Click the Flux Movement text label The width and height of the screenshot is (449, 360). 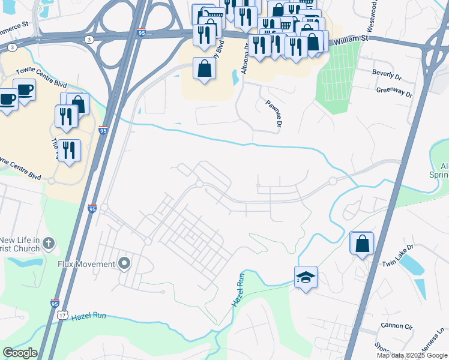pyautogui.click(x=86, y=264)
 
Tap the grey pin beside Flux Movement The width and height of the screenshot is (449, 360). pyautogui.click(x=124, y=263)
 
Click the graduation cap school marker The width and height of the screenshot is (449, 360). pyautogui.click(x=306, y=277)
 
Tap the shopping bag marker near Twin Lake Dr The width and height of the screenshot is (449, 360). pyautogui.click(x=362, y=244)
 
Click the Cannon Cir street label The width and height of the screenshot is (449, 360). pyautogui.click(x=397, y=327)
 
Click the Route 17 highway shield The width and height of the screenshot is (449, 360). pyautogui.click(x=63, y=316)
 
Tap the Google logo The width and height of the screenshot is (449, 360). pyautogui.click(x=20, y=353)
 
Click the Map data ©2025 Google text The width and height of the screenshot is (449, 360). pyautogui.click(x=411, y=355)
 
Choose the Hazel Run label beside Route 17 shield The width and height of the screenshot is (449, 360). pyautogui.click(x=89, y=316)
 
